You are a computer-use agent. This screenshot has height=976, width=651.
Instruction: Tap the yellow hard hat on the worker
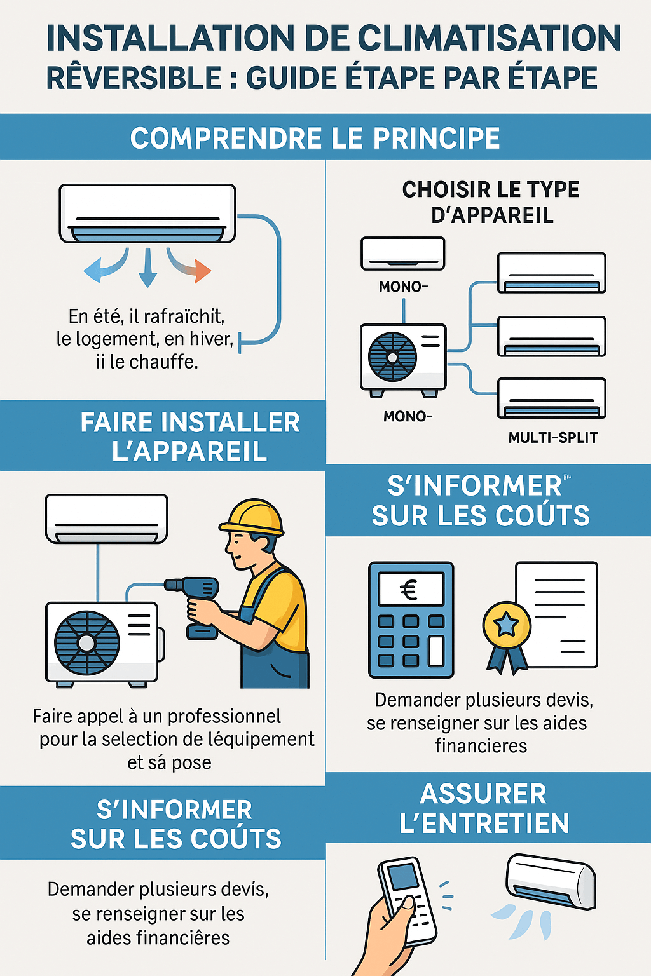click(x=252, y=518)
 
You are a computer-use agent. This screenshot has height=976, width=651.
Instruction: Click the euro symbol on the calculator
click(x=409, y=590)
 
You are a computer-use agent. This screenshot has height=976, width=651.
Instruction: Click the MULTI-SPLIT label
click(x=553, y=437)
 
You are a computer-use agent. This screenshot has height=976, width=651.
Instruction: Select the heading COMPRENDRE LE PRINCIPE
click(x=315, y=138)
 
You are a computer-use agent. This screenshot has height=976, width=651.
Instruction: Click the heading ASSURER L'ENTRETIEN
click(x=484, y=809)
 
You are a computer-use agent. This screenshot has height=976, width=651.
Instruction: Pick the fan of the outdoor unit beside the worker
click(x=86, y=642)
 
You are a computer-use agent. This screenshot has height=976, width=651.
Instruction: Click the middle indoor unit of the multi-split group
click(x=552, y=336)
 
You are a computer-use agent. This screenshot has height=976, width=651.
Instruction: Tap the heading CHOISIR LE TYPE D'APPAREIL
click(x=491, y=202)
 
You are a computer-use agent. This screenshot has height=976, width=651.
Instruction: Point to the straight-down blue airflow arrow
click(x=148, y=268)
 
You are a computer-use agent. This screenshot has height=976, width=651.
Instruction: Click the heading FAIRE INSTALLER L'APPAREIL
click(x=190, y=436)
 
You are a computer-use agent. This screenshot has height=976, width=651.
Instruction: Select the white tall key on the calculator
click(x=436, y=651)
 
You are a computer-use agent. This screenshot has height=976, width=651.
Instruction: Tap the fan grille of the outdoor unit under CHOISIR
click(x=392, y=357)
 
